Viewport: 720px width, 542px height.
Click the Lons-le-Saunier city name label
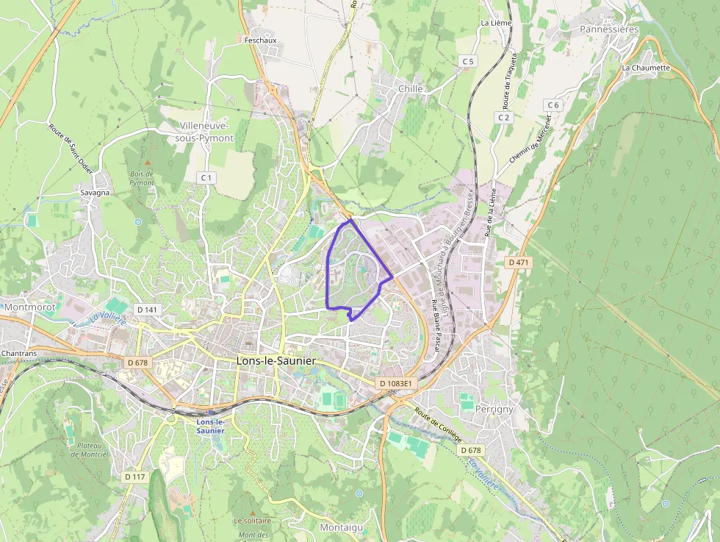276,361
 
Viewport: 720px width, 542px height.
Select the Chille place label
410,88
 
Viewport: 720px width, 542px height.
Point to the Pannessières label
609,29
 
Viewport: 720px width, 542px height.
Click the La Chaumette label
646,68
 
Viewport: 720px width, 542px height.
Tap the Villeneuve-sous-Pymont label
206,132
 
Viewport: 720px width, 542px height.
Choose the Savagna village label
95,193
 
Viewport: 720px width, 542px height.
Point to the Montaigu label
342,527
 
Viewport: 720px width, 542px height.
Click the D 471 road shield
519,262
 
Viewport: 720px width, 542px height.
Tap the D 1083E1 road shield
397,383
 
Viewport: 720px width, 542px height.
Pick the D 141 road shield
147,310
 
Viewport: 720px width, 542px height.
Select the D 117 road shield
136,477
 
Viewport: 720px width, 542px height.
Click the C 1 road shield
206,178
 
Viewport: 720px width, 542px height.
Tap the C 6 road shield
552,105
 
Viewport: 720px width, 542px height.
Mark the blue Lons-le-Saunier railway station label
210,426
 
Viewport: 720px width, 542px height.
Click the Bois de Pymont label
142,178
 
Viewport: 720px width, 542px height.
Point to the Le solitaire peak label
253,521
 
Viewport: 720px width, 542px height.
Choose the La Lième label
496,23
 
